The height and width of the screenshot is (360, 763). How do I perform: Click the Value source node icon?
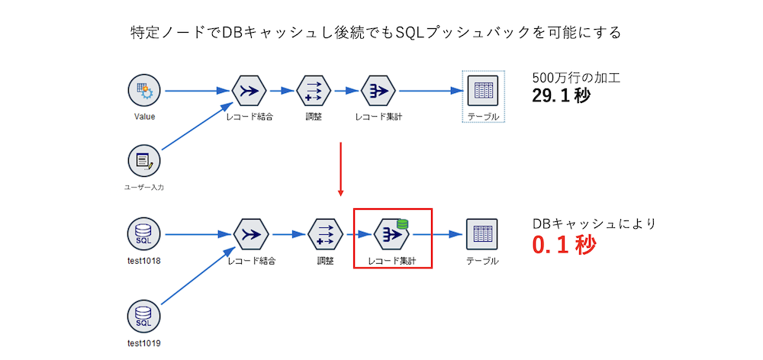[x=144, y=92]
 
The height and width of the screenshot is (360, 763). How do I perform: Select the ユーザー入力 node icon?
[x=144, y=160]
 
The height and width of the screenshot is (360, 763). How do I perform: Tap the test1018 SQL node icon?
[x=144, y=234]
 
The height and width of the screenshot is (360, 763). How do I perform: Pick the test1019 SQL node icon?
[x=144, y=316]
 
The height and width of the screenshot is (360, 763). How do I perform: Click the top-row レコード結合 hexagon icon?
[x=249, y=92]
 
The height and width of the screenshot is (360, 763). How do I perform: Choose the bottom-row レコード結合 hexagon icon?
[x=250, y=234]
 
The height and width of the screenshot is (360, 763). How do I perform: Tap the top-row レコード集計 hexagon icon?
[x=378, y=92]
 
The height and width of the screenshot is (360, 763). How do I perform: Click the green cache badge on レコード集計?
[x=402, y=224]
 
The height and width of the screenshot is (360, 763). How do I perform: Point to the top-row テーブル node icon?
[x=483, y=92]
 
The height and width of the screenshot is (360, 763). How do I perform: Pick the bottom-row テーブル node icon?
[x=482, y=234]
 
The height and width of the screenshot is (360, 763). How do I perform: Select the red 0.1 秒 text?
[x=565, y=246]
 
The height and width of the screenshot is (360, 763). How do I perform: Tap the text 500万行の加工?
[x=575, y=78]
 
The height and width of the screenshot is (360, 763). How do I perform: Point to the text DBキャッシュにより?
[x=594, y=224]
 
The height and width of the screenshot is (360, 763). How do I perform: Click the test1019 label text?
[x=144, y=342]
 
